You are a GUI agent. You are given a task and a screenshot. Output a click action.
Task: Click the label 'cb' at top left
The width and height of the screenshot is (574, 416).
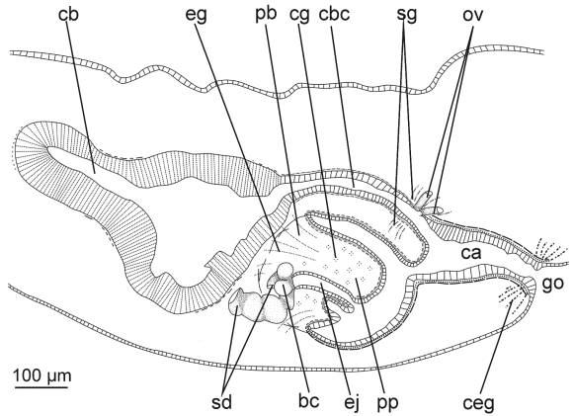(68, 15)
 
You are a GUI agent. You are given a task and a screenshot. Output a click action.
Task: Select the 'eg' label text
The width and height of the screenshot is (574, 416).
(197, 16)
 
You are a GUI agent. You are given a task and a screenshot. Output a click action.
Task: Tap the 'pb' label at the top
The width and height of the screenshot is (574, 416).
(266, 15)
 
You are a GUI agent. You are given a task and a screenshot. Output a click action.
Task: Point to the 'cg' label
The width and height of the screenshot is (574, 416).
(299, 16)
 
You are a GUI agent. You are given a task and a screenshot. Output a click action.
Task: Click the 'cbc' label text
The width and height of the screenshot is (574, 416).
(334, 14)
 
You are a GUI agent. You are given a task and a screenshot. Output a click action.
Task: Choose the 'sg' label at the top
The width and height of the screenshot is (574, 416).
(406, 16)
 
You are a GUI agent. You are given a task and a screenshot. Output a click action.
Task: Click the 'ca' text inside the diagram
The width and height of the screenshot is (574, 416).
(470, 253)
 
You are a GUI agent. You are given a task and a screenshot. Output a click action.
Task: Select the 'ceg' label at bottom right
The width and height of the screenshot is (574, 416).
(478, 404)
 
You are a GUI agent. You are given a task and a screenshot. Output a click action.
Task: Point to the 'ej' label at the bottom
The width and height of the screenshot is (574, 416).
(352, 402)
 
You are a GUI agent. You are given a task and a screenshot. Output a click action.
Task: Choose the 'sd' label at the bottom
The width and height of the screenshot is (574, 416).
(222, 402)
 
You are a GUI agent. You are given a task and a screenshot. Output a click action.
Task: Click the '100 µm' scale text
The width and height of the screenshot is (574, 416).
(42, 375)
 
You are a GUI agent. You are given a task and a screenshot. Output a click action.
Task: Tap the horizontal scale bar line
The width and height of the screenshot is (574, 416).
(42, 386)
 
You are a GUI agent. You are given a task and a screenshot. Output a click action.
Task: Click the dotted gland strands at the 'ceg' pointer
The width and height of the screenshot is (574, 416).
(512, 297)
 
